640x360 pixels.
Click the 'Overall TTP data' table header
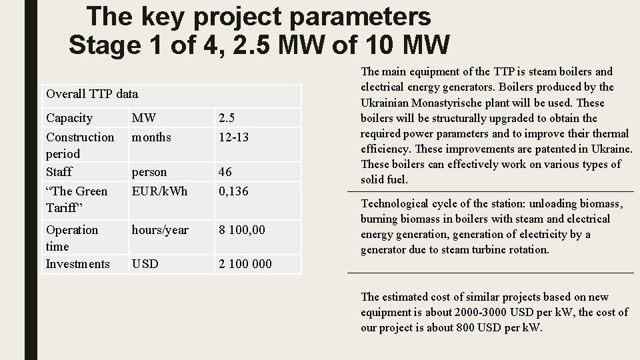pos(92,94)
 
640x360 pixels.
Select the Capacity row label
pos(69,118)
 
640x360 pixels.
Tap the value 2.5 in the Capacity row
pos(227,118)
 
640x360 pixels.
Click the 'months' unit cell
pos(151,137)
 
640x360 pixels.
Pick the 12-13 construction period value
pos(233,137)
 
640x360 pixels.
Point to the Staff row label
pos(59,171)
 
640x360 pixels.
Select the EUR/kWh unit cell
pos(159,191)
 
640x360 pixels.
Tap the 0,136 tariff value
pos(233,191)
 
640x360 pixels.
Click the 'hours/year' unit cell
pos(160,230)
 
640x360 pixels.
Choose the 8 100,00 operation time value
pos(242,230)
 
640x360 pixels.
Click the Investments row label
pos(77,264)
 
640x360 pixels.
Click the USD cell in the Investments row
pos(145,264)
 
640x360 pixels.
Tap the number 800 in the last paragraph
pos(465,327)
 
